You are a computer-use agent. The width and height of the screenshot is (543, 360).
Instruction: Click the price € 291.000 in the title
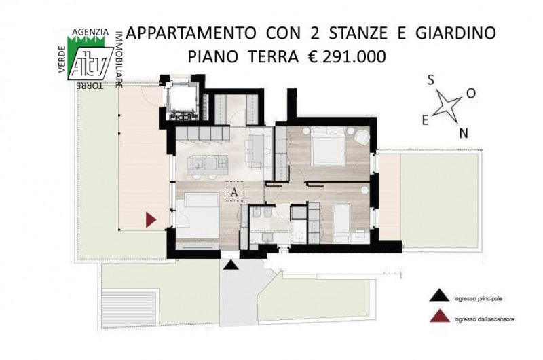[347, 56]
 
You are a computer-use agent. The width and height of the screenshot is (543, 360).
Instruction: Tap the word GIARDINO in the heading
[455, 33]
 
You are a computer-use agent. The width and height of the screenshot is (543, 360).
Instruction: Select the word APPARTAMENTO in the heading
[191, 33]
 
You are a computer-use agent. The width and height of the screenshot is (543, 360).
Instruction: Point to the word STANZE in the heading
[358, 33]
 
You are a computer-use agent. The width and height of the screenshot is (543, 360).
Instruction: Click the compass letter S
[430, 80]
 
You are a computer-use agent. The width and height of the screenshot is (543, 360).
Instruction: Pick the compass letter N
[464, 133]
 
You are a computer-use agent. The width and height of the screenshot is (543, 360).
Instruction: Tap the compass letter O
[471, 93]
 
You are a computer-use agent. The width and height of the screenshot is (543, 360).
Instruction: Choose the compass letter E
[425, 120]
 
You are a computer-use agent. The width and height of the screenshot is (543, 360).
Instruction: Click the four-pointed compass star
[447, 107]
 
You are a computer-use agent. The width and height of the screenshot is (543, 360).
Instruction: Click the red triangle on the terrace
[150, 219]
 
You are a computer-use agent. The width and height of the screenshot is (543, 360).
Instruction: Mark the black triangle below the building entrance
[230, 265]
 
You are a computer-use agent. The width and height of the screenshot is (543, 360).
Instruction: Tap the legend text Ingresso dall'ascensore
[484, 319]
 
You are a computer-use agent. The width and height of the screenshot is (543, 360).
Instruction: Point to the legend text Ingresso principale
[478, 298]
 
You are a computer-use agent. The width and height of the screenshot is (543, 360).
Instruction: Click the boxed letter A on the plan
[234, 192]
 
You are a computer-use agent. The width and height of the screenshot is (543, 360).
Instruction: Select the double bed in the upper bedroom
[329, 146]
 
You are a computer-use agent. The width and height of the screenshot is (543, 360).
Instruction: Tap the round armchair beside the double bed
[362, 137]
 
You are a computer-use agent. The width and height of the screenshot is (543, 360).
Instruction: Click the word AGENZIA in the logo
[90, 32]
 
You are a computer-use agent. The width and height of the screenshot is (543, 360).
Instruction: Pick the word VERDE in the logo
[62, 60]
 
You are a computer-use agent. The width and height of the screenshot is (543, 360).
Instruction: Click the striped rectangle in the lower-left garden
[129, 310]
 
